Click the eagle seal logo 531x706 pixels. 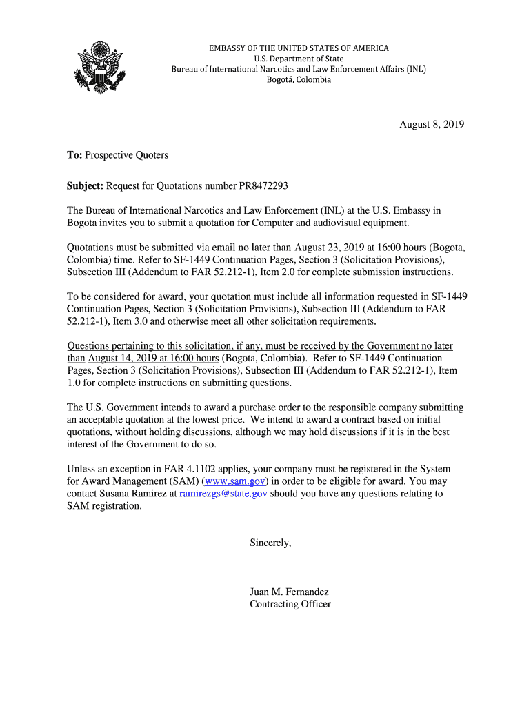click(101, 68)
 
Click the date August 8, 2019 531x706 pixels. click(432, 125)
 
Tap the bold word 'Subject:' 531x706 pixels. click(85, 186)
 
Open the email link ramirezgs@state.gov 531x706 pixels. click(223, 494)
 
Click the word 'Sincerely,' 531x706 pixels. click(270, 543)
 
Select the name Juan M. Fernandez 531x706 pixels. click(289, 592)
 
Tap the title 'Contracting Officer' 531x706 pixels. click(290, 605)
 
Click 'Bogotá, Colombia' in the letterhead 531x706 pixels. click(299, 80)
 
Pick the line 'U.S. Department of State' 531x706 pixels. click(299, 59)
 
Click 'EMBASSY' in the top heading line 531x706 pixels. click(229, 48)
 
